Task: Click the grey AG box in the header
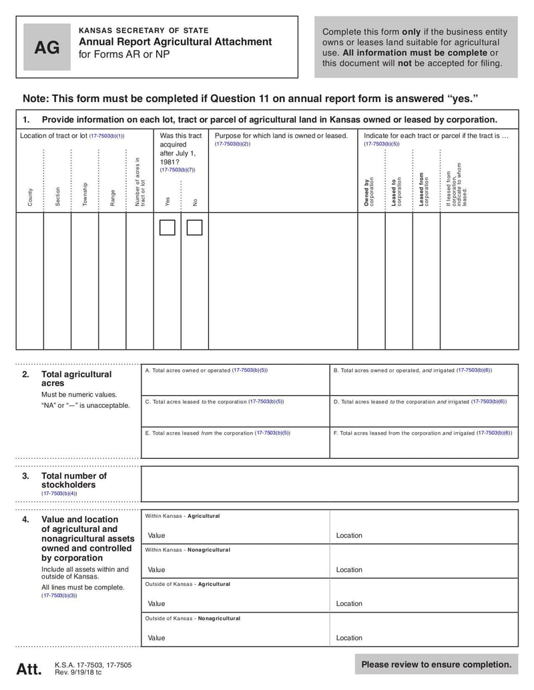(47, 47)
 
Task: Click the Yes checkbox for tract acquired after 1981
(168, 228)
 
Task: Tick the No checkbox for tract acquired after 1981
(194, 228)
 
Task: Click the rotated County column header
(30, 197)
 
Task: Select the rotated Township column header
(85, 193)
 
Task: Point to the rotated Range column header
(112, 197)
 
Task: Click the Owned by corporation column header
(369, 192)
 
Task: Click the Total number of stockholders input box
(329, 484)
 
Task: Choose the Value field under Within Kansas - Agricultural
(235, 535)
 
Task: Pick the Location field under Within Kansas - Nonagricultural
(423, 569)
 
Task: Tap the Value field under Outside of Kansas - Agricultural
(235, 603)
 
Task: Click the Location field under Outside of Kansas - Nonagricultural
(423, 637)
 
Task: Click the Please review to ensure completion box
(436, 664)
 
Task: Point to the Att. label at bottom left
(29, 669)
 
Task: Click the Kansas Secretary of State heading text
(144, 30)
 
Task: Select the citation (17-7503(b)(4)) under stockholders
(59, 493)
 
